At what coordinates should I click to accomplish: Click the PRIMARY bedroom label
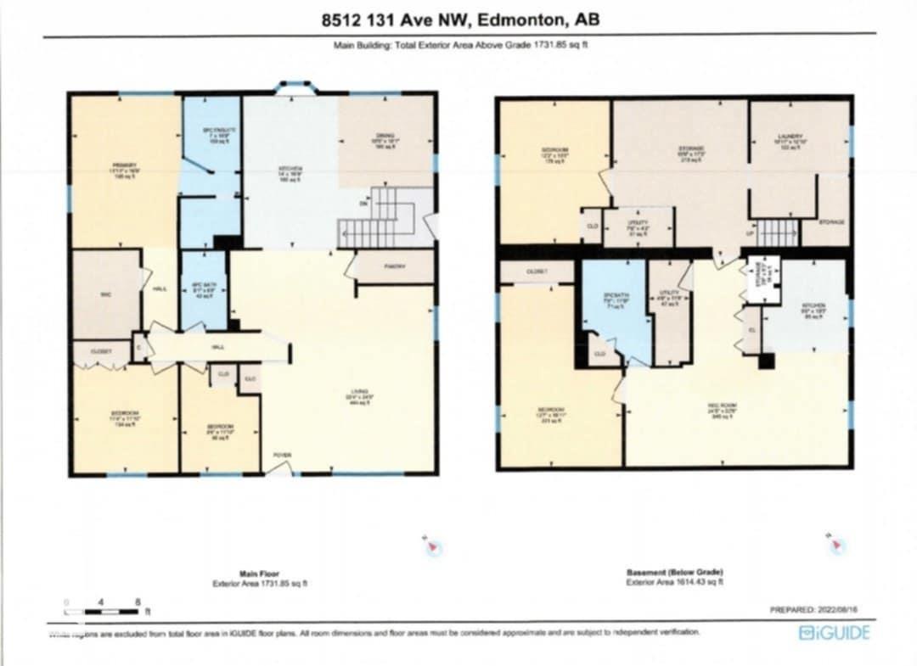click(x=125, y=165)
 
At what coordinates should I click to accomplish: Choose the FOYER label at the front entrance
click(x=282, y=456)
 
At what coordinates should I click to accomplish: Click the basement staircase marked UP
click(x=777, y=231)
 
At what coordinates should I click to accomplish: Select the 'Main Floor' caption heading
click(x=259, y=574)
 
